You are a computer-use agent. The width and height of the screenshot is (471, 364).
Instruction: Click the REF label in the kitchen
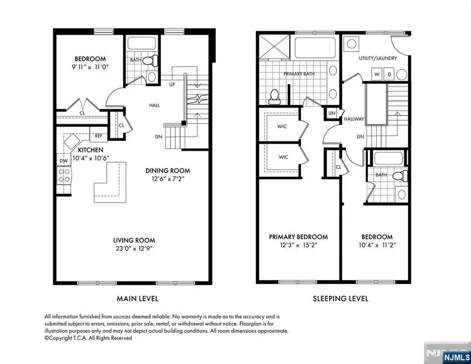point(98,136)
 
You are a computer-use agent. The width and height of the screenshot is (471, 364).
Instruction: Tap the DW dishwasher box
point(64,160)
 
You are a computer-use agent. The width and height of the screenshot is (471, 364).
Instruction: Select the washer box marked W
point(377,74)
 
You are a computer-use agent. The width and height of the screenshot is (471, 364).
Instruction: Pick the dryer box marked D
point(389,74)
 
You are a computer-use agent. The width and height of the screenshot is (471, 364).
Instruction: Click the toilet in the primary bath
point(274,96)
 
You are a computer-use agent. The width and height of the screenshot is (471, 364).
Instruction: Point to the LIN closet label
point(332,113)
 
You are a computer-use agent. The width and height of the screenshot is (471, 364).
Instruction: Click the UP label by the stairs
point(172,84)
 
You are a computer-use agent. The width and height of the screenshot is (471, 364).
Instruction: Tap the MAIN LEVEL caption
point(137,299)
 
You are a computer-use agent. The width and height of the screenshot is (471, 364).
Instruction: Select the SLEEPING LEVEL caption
point(340,299)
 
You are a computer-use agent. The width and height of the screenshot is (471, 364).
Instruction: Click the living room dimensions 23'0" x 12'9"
point(134,249)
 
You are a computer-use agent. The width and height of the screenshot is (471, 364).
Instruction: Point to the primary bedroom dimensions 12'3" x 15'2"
point(299,245)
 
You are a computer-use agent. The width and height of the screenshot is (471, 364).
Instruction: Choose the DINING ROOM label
point(167,170)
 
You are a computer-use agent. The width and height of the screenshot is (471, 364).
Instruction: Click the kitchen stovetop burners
point(64,175)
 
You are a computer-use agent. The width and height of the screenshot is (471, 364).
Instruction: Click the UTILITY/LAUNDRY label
point(378,58)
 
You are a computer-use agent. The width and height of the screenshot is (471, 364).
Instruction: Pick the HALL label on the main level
point(154,105)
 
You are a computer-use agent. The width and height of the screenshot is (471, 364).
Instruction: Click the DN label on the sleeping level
point(361,137)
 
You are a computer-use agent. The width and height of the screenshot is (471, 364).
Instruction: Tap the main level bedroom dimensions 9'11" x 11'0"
point(90,67)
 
